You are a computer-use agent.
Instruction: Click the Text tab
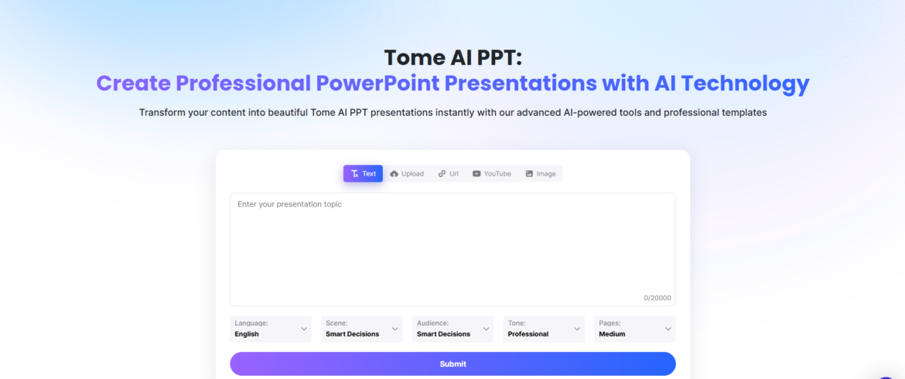363,174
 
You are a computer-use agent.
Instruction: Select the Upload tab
407,174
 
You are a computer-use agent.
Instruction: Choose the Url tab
448,174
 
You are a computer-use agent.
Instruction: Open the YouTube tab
491,174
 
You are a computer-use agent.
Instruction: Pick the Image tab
540,174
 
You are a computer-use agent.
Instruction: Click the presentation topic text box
452,248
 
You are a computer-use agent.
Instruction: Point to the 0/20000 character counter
657,298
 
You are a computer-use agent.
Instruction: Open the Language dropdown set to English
271,329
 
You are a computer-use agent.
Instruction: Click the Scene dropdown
361,329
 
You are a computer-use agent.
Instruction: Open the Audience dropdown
452,329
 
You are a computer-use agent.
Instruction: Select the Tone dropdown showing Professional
543,329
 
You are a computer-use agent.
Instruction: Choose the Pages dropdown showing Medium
634,329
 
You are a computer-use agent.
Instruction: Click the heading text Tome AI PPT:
452,57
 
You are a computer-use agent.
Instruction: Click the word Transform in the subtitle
162,113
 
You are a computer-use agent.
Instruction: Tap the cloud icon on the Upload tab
394,174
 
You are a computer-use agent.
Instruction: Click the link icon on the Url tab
442,174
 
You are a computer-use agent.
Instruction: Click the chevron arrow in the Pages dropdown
668,329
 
